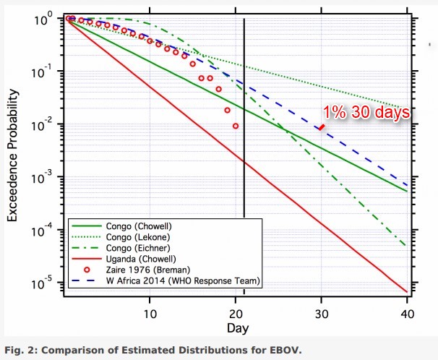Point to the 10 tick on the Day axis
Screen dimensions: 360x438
pyautogui.click(x=150, y=315)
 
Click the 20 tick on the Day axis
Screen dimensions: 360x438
pyautogui.click(x=236, y=315)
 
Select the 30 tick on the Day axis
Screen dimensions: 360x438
pyautogui.click(x=321, y=315)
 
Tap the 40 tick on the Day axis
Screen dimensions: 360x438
pyautogui.click(x=406, y=315)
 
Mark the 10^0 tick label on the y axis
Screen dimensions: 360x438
pyautogui.click(x=46, y=20)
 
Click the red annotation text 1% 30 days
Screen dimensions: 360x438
pyautogui.click(x=367, y=112)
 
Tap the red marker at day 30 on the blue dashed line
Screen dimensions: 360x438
pyautogui.click(x=321, y=127)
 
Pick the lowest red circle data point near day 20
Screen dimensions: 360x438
pyautogui.click(x=236, y=126)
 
